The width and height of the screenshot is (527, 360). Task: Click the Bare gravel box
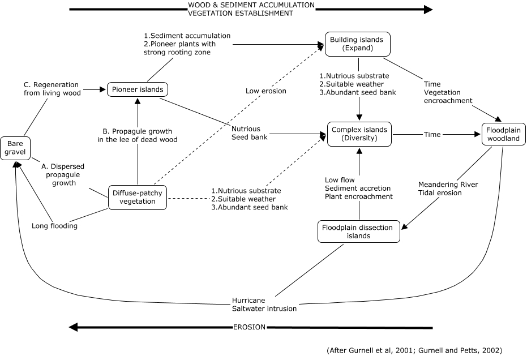(15, 148)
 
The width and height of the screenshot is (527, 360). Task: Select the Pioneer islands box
(138, 89)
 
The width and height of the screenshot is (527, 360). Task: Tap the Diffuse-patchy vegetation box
(138, 198)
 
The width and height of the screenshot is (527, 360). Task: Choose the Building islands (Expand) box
(358, 44)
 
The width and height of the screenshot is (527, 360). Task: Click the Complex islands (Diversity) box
(359, 134)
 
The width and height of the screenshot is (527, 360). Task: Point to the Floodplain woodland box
(503, 135)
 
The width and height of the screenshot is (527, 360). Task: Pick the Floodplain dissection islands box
(359, 232)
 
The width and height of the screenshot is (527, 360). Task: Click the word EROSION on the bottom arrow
(250, 327)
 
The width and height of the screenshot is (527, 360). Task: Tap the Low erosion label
(266, 91)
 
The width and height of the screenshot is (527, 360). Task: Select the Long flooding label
(54, 226)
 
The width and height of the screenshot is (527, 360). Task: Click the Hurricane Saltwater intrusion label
(264, 305)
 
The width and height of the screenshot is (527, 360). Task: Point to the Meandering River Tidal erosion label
(448, 188)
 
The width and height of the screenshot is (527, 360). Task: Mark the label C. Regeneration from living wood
(52, 89)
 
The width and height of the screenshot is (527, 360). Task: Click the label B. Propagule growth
(138, 131)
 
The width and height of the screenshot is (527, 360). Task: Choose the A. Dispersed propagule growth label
(63, 175)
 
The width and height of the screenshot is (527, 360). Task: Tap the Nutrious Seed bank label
(250, 133)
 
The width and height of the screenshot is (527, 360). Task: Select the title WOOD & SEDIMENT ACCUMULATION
(251, 5)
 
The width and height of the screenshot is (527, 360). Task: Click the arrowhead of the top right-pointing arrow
(428, 10)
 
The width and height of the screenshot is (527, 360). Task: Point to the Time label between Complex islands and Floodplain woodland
(432, 135)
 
